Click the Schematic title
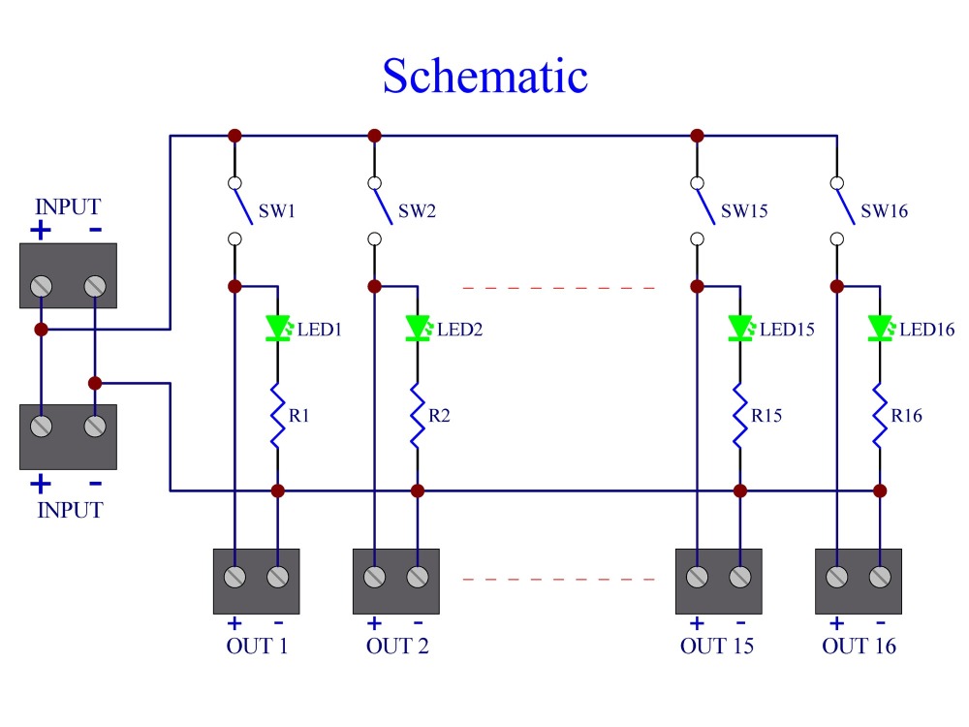(x=485, y=76)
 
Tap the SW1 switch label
(x=277, y=211)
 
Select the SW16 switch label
(x=885, y=211)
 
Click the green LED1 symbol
(x=278, y=329)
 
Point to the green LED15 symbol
(x=741, y=329)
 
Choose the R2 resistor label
(x=439, y=416)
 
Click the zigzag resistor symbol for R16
(x=880, y=415)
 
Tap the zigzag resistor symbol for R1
(x=277, y=415)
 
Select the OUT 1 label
(x=257, y=646)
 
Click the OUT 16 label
(x=859, y=646)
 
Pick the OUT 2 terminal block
(x=396, y=581)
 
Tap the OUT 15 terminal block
(x=719, y=581)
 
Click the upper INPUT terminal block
(x=68, y=275)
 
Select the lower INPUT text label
(x=70, y=511)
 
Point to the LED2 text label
(x=459, y=330)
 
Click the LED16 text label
(x=927, y=330)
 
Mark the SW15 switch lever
(x=705, y=205)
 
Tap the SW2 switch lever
(x=383, y=205)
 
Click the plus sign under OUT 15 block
(x=697, y=622)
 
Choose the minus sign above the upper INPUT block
(x=95, y=230)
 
